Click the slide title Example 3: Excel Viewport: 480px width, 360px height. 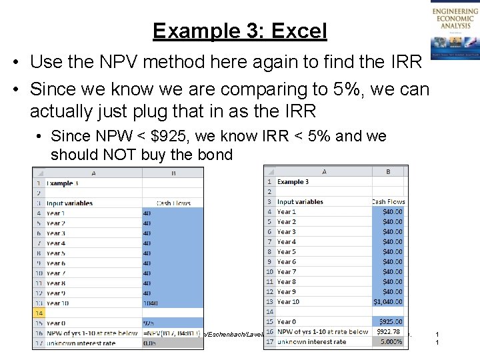click(x=239, y=31)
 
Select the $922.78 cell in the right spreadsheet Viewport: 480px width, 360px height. click(x=387, y=332)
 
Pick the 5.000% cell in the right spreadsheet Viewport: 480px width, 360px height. click(x=387, y=342)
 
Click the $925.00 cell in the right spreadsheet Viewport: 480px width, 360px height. click(x=388, y=322)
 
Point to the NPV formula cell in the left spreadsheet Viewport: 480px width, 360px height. click(x=172, y=333)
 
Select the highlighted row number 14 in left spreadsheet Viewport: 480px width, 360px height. click(x=39, y=313)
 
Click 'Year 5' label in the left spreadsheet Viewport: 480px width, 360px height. click(x=56, y=253)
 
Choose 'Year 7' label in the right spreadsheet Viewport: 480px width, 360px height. click(x=287, y=272)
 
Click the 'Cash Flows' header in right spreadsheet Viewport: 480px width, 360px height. click(x=388, y=201)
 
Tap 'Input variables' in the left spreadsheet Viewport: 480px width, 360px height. click(x=70, y=203)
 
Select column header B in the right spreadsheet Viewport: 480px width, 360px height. click(x=387, y=171)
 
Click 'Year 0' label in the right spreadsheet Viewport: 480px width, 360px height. click(x=287, y=322)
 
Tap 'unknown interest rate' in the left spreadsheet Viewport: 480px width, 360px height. click(x=81, y=343)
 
